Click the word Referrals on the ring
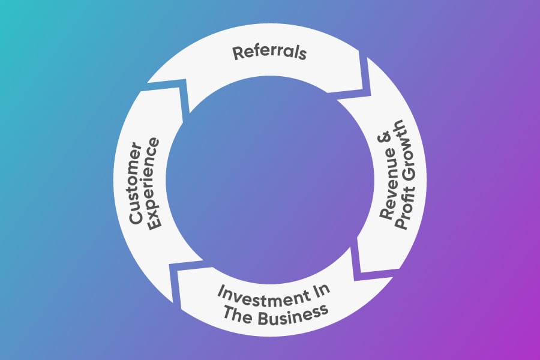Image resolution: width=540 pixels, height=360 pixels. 270,52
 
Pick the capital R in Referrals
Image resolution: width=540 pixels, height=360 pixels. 237,53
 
